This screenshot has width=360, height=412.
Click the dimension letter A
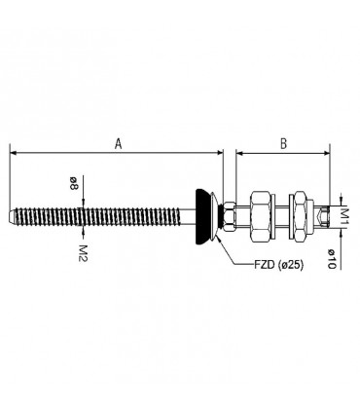[119, 143]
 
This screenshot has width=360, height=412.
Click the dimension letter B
[283, 143]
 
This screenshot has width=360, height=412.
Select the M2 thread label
[84, 253]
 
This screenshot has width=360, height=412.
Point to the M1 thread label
[344, 217]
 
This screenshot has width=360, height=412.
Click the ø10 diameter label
[331, 258]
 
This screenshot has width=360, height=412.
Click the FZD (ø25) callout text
[278, 265]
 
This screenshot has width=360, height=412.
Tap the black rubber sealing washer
[202, 216]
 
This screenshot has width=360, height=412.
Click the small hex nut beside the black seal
[230, 216]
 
